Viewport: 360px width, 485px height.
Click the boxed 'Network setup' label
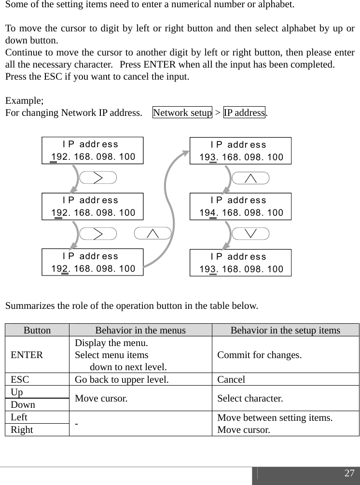(182, 113)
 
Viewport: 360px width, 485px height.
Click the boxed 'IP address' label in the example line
(245, 113)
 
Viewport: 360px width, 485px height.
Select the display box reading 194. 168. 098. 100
(241, 207)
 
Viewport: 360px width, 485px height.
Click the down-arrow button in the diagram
(250, 234)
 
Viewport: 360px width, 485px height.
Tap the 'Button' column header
(37, 330)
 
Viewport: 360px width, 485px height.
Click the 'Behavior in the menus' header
(140, 330)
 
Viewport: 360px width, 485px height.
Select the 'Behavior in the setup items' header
(285, 330)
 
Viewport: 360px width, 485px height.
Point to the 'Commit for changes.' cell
(260, 356)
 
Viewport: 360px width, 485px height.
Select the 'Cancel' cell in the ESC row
(231, 380)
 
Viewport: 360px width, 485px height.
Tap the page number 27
(349, 473)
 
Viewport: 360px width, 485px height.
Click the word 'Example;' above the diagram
(24, 101)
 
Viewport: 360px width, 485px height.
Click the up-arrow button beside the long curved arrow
(152, 234)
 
